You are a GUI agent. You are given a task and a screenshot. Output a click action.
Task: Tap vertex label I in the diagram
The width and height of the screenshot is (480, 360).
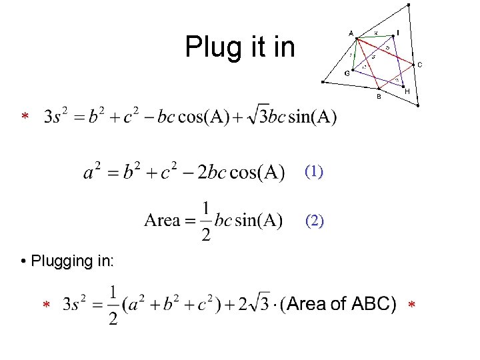(398, 32)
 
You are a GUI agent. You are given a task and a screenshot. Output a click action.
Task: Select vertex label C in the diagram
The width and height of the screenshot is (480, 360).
(420, 64)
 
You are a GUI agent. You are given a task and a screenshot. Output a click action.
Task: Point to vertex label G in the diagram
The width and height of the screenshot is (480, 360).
(347, 73)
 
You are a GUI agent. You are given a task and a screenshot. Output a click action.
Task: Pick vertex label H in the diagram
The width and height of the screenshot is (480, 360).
(407, 91)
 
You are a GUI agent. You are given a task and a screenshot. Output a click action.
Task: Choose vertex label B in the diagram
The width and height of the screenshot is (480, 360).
(379, 97)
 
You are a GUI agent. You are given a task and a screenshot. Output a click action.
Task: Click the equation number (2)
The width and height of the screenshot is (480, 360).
(314, 220)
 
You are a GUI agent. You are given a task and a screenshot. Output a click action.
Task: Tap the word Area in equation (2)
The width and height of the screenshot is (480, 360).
(162, 220)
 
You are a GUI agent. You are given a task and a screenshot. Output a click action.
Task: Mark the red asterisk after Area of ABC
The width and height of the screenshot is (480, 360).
(411, 305)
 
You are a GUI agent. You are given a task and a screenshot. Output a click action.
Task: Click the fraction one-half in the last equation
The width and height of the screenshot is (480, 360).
(113, 305)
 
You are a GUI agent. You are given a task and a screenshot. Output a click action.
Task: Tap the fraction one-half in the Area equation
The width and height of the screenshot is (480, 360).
(207, 221)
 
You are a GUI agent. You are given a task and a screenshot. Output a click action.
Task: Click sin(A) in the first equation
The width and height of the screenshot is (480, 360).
(312, 117)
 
